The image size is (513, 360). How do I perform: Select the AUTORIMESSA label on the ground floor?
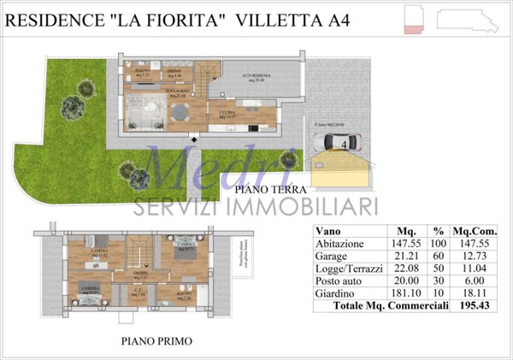256,76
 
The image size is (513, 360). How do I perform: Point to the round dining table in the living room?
180,114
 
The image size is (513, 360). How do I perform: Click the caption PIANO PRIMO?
156,341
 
